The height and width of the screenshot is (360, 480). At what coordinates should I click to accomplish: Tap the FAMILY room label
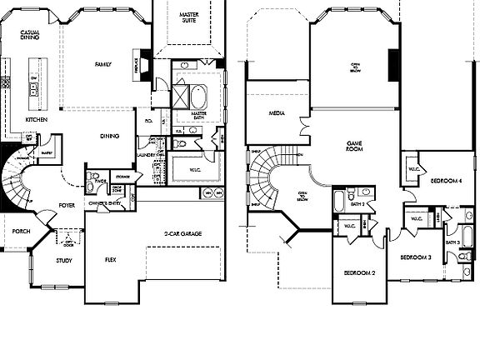pos(103,64)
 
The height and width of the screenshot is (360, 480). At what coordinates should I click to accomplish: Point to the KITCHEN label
pos(37,120)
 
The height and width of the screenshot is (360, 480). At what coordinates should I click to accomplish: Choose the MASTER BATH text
pos(199,116)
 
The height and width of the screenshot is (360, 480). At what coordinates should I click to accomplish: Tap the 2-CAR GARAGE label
pos(182,233)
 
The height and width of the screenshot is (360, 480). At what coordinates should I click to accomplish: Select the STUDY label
pos(63,261)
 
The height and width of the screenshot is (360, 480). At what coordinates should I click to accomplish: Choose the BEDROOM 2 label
pos(360,272)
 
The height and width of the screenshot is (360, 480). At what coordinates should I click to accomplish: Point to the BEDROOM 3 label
pos(415,257)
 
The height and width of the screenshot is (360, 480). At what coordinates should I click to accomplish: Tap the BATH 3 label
pos(452,242)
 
